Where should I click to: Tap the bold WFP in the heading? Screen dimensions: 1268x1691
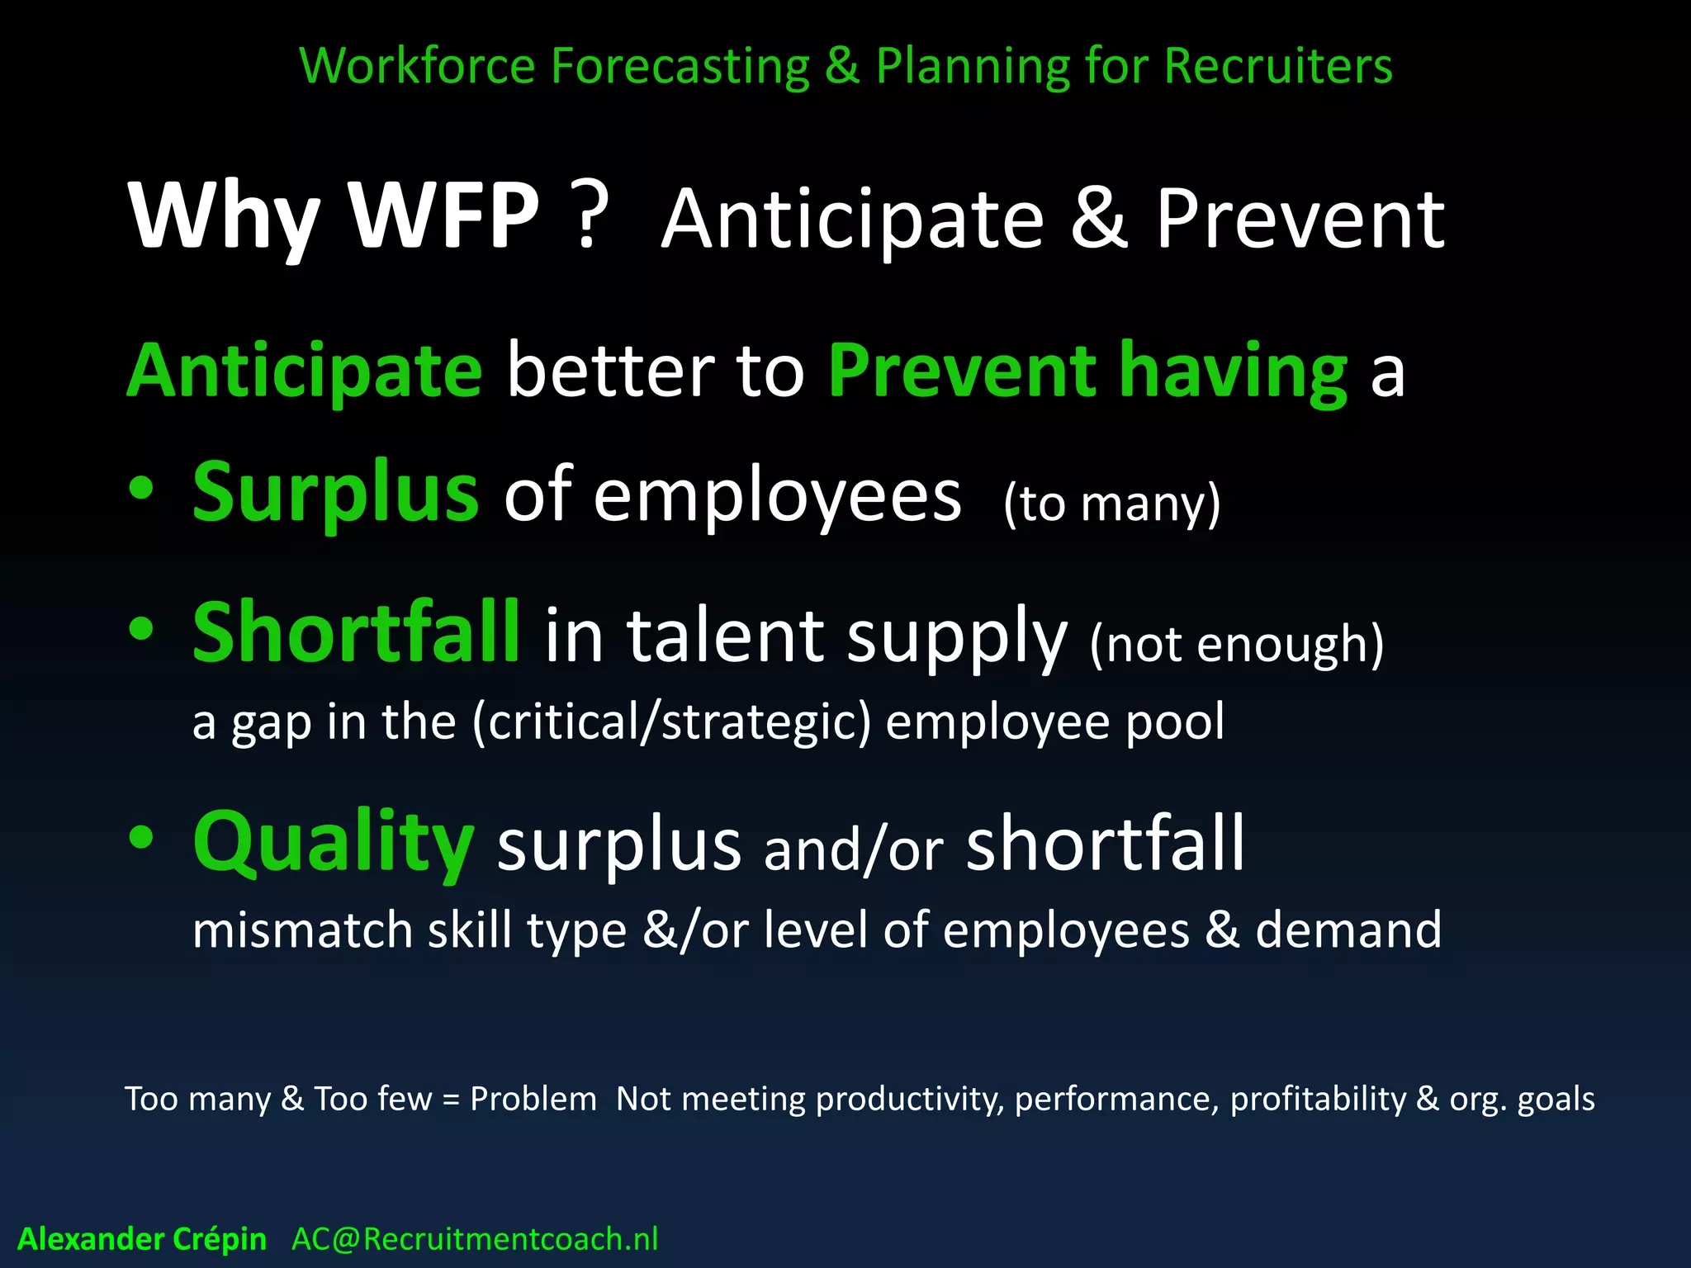tap(443, 216)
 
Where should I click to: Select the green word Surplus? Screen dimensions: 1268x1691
tap(334, 494)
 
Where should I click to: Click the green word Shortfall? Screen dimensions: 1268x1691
tap(356, 634)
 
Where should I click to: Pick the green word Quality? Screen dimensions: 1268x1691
tap(333, 844)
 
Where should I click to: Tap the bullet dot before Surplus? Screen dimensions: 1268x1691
tap(141, 489)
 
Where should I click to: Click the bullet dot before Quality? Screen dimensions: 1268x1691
tap(141, 837)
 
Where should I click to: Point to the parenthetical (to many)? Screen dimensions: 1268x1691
tap(1111, 504)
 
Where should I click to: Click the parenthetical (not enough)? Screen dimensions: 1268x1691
tap(1236, 644)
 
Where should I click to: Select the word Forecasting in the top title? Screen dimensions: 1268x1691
tap(680, 66)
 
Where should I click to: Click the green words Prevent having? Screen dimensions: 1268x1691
tap(1087, 371)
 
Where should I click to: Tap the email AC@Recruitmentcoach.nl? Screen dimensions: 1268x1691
tap(475, 1239)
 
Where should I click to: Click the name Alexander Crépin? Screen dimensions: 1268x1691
tap(142, 1239)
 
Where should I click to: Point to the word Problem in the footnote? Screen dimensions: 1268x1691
tap(533, 1100)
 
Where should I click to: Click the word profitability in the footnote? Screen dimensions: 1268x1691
tap(1318, 1100)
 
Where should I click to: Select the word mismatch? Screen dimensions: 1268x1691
tap(302, 930)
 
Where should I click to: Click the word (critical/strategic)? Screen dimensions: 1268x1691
tap(671, 722)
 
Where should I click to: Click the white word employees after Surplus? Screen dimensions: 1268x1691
tap(777, 495)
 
